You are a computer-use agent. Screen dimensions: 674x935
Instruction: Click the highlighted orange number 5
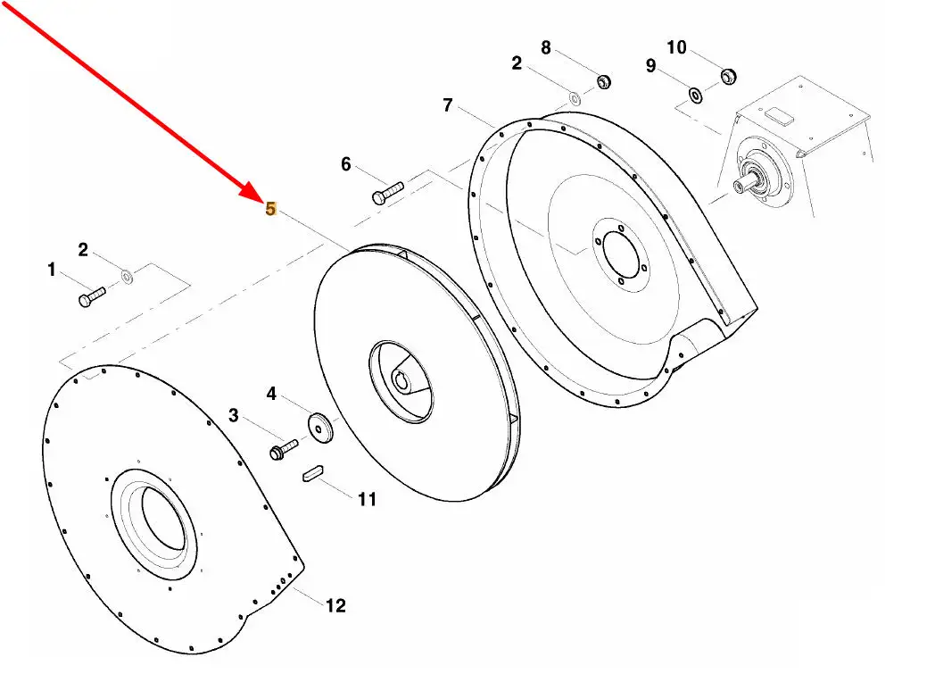pos(270,209)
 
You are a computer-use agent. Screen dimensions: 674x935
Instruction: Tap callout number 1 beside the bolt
pos(52,269)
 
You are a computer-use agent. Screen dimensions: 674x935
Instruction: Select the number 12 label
pos(335,606)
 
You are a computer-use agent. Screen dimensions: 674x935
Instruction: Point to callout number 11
pos(367,500)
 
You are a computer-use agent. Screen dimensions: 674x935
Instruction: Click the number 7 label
pos(448,104)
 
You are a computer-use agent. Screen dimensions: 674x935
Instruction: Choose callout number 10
pos(677,47)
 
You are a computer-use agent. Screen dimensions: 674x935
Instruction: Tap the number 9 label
pos(650,66)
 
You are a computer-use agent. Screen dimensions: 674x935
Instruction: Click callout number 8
pos(546,46)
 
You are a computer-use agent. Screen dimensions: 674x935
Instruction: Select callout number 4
pos(272,393)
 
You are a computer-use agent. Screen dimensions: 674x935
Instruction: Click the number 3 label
pos(234,415)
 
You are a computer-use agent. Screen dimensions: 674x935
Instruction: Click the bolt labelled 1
pos(91,296)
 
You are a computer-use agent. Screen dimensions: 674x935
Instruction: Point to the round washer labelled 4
pos(319,427)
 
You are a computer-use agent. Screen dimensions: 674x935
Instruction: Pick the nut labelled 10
pos(726,76)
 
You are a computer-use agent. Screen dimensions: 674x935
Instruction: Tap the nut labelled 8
pos(602,81)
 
